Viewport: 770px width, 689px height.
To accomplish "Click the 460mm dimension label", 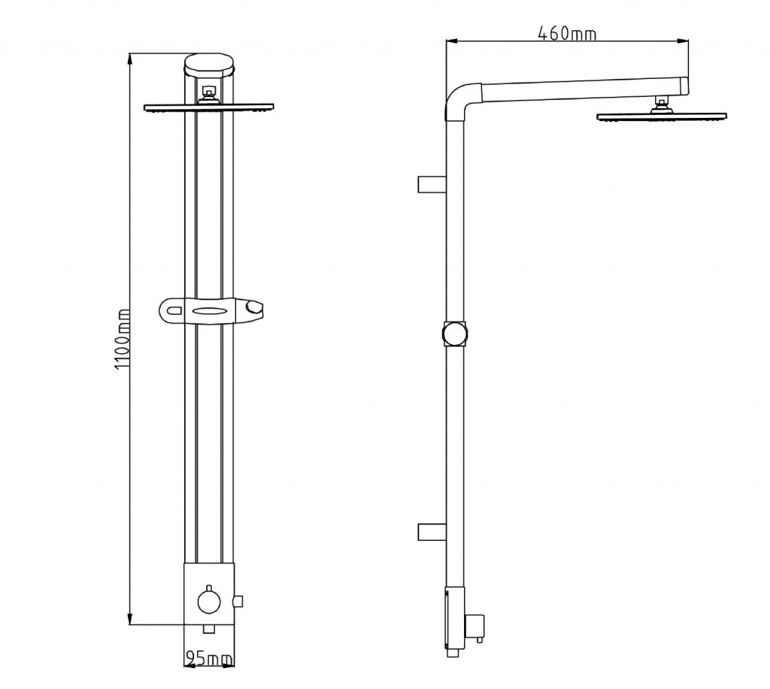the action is click(x=567, y=33).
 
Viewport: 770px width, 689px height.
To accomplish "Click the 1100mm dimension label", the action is click(x=123, y=339).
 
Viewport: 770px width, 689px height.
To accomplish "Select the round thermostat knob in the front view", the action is click(x=209, y=601).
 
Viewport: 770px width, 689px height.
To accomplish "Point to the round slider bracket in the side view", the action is click(x=455, y=334).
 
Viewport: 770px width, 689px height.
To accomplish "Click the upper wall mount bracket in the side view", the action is click(x=432, y=184).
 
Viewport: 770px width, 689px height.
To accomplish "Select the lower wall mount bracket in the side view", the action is click(x=432, y=532).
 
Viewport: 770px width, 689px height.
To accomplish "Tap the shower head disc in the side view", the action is click(x=662, y=116).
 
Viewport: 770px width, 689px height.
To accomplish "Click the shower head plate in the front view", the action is click(x=209, y=107).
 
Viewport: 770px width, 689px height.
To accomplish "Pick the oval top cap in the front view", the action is click(x=210, y=65).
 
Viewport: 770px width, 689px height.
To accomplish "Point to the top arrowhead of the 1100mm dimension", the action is click(x=130, y=59).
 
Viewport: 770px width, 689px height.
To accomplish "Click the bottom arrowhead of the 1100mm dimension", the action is click(x=130, y=619).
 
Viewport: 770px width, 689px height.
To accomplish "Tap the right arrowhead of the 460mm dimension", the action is click(x=682, y=41).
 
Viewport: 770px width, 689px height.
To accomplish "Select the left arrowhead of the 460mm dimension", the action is click(x=452, y=41).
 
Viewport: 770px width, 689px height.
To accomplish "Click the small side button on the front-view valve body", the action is click(x=238, y=600).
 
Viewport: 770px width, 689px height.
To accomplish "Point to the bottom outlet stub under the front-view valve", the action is click(x=209, y=629).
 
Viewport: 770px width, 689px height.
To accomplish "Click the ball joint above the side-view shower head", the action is click(x=662, y=105).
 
